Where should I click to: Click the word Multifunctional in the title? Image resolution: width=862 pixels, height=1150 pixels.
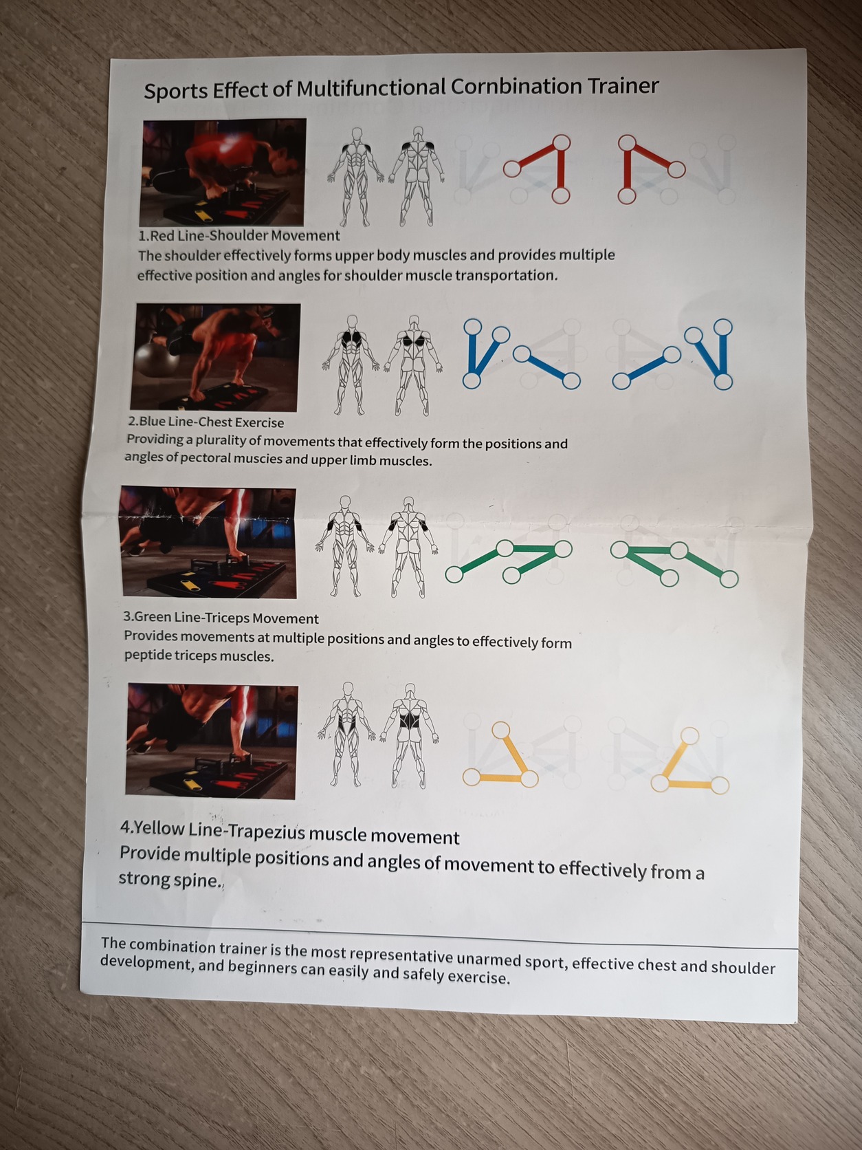click(x=371, y=89)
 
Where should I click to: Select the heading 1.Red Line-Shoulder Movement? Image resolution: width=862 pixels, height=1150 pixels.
click(x=239, y=236)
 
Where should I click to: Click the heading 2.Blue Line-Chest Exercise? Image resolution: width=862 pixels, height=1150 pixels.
click(x=206, y=422)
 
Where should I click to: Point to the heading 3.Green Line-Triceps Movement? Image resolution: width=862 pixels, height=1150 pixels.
click(x=221, y=618)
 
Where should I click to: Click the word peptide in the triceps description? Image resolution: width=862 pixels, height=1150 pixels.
click(x=148, y=656)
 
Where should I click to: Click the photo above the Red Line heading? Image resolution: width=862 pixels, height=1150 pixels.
click(x=223, y=173)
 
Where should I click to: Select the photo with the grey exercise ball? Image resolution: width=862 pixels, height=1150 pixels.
click(x=215, y=358)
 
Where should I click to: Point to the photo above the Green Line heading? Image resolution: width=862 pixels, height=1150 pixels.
click(x=208, y=542)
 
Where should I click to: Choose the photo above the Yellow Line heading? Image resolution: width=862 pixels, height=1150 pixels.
click(x=212, y=741)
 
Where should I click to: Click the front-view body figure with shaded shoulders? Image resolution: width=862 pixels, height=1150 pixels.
click(x=356, y=177)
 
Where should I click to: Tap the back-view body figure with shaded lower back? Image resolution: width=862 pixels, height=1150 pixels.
click(x=409, y=735)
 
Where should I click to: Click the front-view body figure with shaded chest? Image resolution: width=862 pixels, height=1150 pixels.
click(x=350, y=365)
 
